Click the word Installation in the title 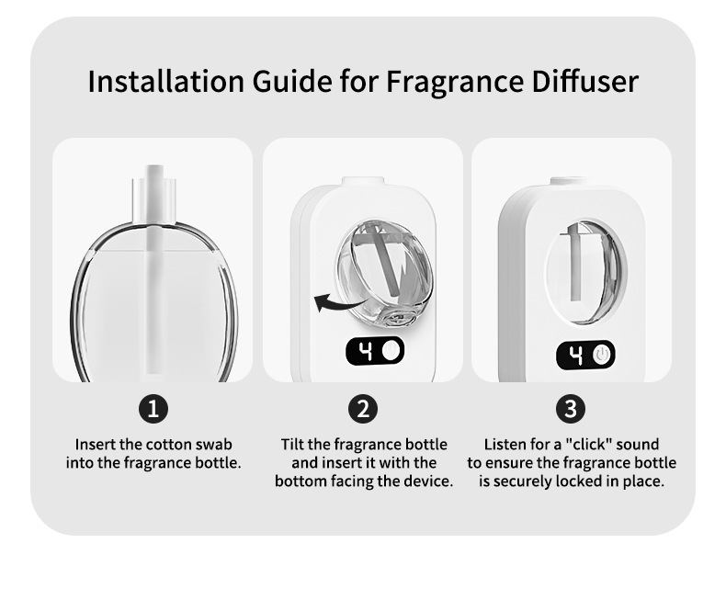tap(165, 82)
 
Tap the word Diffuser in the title tap(585, 82)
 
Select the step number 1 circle tap(153, 409)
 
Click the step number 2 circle tap(363, 409)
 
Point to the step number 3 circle tap(571, 409)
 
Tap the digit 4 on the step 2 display tap(366, 351)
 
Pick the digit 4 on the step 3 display tap(575, 355)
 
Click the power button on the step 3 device tap(601, 355)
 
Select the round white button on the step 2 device tap(391, 351)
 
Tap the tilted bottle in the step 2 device tap(384, 273)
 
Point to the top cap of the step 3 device tap(571, 181)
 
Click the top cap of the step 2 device tap(363, 181)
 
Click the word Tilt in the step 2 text tap(292, 445)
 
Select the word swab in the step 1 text tap(213, 445)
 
